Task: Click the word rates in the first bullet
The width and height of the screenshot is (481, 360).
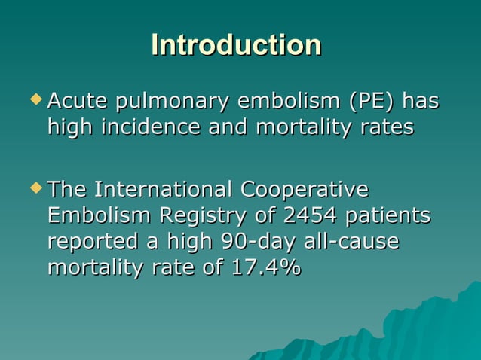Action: (x=388, y=127)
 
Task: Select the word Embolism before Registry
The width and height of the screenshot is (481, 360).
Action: (x=100, y=215)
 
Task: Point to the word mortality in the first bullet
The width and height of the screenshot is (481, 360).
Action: (x=305, y=127)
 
